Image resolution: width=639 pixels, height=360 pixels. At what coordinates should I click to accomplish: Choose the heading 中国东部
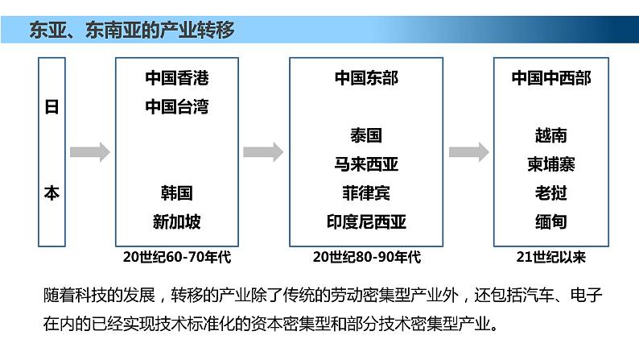pos(366,78)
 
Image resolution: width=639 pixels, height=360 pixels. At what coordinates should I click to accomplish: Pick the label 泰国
pos(366,135)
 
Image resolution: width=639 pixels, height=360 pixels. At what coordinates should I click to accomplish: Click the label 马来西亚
pos(366,164)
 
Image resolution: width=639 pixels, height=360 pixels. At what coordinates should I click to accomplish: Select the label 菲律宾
pos(366,193)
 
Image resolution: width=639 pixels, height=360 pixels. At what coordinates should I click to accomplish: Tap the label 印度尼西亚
pos(366,221)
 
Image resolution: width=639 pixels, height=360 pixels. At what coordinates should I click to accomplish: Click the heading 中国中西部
pos(551,78)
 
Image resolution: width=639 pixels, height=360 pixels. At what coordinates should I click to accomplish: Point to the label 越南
pos(551,135)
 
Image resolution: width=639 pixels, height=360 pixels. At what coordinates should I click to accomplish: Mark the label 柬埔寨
pos(551,164)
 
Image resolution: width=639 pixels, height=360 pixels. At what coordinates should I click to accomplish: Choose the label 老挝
pos(551,193)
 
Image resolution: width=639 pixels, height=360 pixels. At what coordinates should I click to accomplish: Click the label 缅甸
pos(551,221)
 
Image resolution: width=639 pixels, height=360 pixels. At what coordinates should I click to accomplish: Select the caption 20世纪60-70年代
pos(177,257)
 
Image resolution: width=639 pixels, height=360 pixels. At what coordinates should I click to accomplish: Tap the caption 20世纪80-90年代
pos(366,257)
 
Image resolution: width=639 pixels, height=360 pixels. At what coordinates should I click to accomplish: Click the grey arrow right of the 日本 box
pos(89,151)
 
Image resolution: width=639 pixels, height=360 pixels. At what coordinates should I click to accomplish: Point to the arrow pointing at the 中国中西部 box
pos(469,151)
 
